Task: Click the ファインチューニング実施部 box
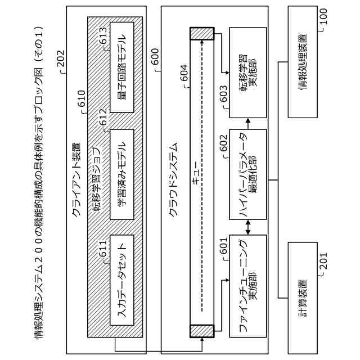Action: pos(247,286)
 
